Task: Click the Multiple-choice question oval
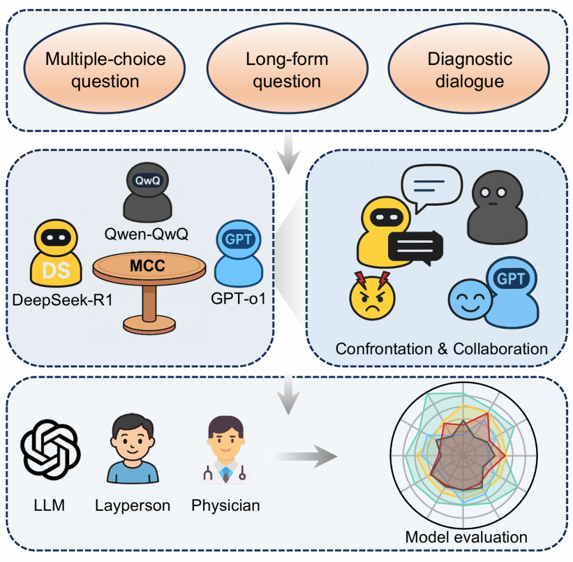[105, 70]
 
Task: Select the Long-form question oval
[286, 70]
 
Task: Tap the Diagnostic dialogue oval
[469, 70]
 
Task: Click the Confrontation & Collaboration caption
[442, 348]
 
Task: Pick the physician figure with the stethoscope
[225, 452]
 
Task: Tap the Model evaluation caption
[466, 536]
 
